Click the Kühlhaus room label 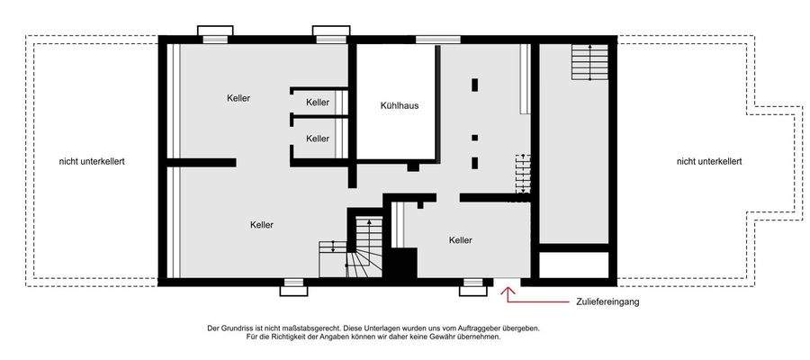[x=400, y=105]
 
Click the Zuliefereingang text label [x=602, y=302]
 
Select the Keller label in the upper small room [x=318, y=103]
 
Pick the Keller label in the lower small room [x=318, y=139]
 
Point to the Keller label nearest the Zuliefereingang [x=461, y=240]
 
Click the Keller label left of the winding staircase [x=262, y=224]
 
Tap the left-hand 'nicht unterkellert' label [x=92, y=161]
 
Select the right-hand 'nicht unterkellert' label [x=709, y=161]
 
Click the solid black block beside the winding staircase [x=401, y=265]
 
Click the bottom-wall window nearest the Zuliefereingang [x=472, y=287]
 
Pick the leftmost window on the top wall [x=215, y=33]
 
